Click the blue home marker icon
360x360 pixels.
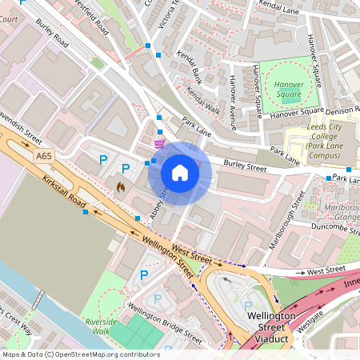180,173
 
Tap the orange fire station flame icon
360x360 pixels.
121,186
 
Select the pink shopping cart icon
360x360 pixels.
159,144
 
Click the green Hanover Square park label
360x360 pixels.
289,90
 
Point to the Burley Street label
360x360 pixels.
244,168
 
